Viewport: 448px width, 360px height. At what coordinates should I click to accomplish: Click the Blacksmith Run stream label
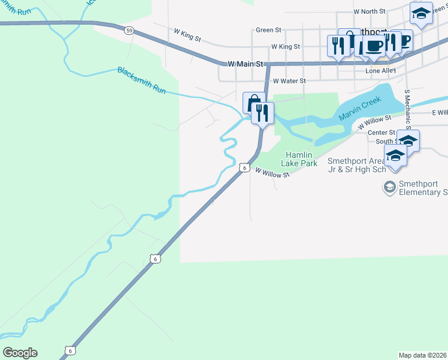click(141, 80)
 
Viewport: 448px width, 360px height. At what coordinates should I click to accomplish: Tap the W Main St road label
click(246, 63)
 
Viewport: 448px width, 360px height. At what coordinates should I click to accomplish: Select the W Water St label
click(289, 80)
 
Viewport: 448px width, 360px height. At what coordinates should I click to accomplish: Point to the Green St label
click(268, 30)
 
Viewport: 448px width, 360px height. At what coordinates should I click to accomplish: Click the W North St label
click(370, 11)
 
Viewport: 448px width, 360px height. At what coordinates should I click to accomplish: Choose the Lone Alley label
click(381, 70)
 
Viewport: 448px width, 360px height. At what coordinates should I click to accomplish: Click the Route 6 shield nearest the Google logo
click(70, 350)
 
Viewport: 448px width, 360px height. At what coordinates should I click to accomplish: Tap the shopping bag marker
click(253, 102)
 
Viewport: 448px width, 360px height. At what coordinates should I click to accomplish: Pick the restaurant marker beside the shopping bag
click(262, 112)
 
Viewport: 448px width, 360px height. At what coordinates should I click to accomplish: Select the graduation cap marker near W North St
click(421, 13)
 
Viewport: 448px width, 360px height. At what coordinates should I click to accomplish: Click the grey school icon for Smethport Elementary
click(390, 188)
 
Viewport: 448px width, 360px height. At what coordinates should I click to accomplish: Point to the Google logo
click(20, 353)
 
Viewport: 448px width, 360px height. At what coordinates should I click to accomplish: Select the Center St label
click(381, 133)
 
